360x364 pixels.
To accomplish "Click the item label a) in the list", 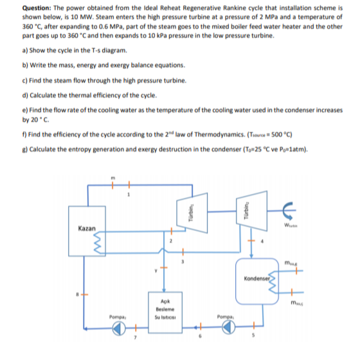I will [x=24, y=50].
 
